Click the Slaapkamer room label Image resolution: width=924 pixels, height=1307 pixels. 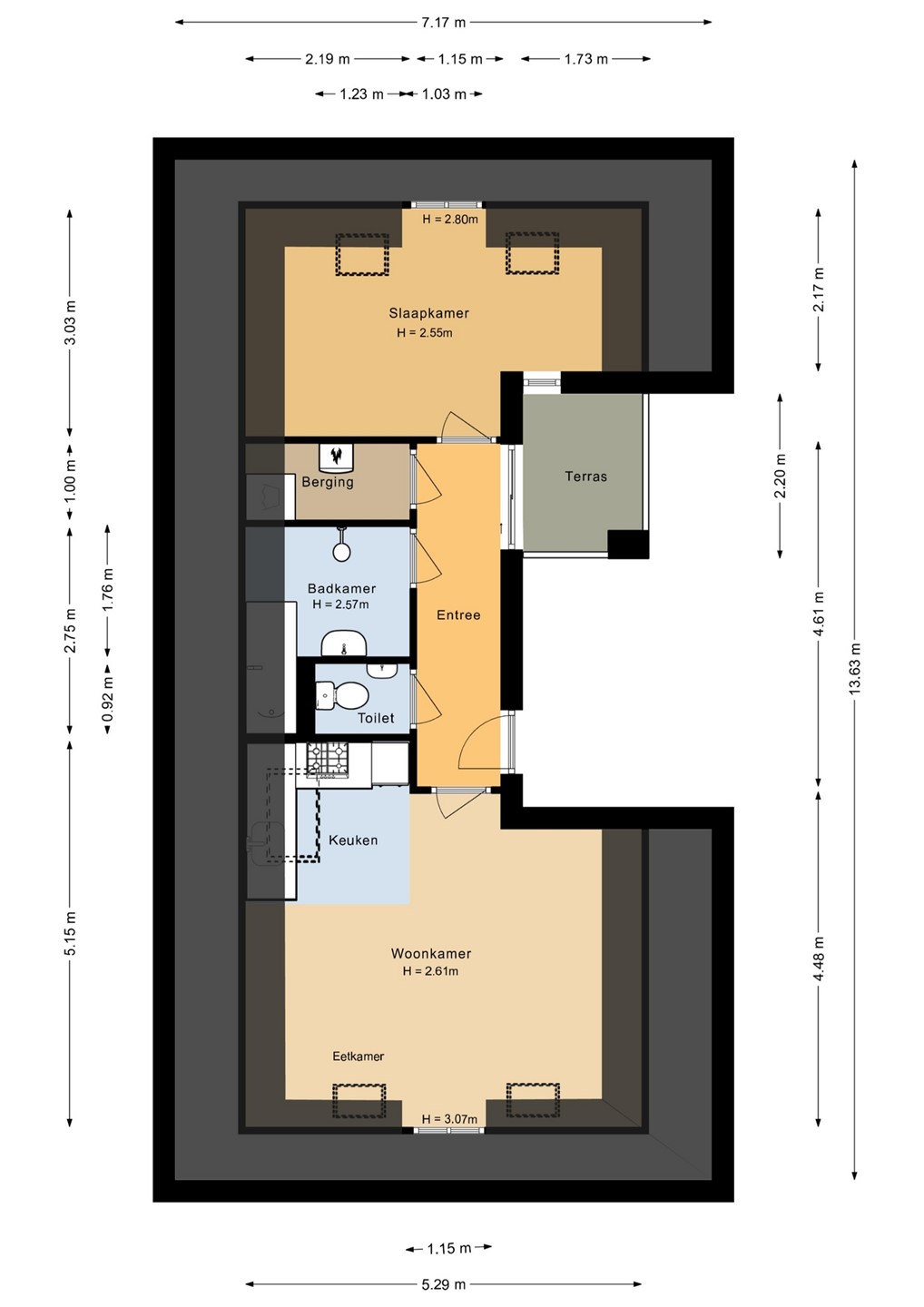[428, 313]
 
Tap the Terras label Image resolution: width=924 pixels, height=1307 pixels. [585, 477]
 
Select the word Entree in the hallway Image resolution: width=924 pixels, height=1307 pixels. [458, 615]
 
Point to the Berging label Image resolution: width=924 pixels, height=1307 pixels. [328, 483]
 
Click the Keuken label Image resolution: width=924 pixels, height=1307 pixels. [353, 840]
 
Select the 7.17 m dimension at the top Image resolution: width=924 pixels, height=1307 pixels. [443, 23]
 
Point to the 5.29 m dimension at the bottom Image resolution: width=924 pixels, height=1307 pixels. [443, 1284]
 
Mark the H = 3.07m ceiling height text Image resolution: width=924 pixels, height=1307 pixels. [449, 1119]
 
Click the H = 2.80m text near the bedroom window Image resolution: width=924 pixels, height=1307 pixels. [450, 220]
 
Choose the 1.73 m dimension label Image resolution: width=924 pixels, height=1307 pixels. [585, 59]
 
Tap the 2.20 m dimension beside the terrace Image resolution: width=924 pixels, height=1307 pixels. [781, 477]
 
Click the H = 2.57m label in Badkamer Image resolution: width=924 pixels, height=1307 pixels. [340, 604]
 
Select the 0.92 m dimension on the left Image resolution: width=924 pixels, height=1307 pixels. [107, 698]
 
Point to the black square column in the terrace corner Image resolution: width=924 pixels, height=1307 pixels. [628, 545]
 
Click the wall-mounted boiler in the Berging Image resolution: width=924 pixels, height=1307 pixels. [337, 457]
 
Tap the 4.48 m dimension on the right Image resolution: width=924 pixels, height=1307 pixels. [819, 959]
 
